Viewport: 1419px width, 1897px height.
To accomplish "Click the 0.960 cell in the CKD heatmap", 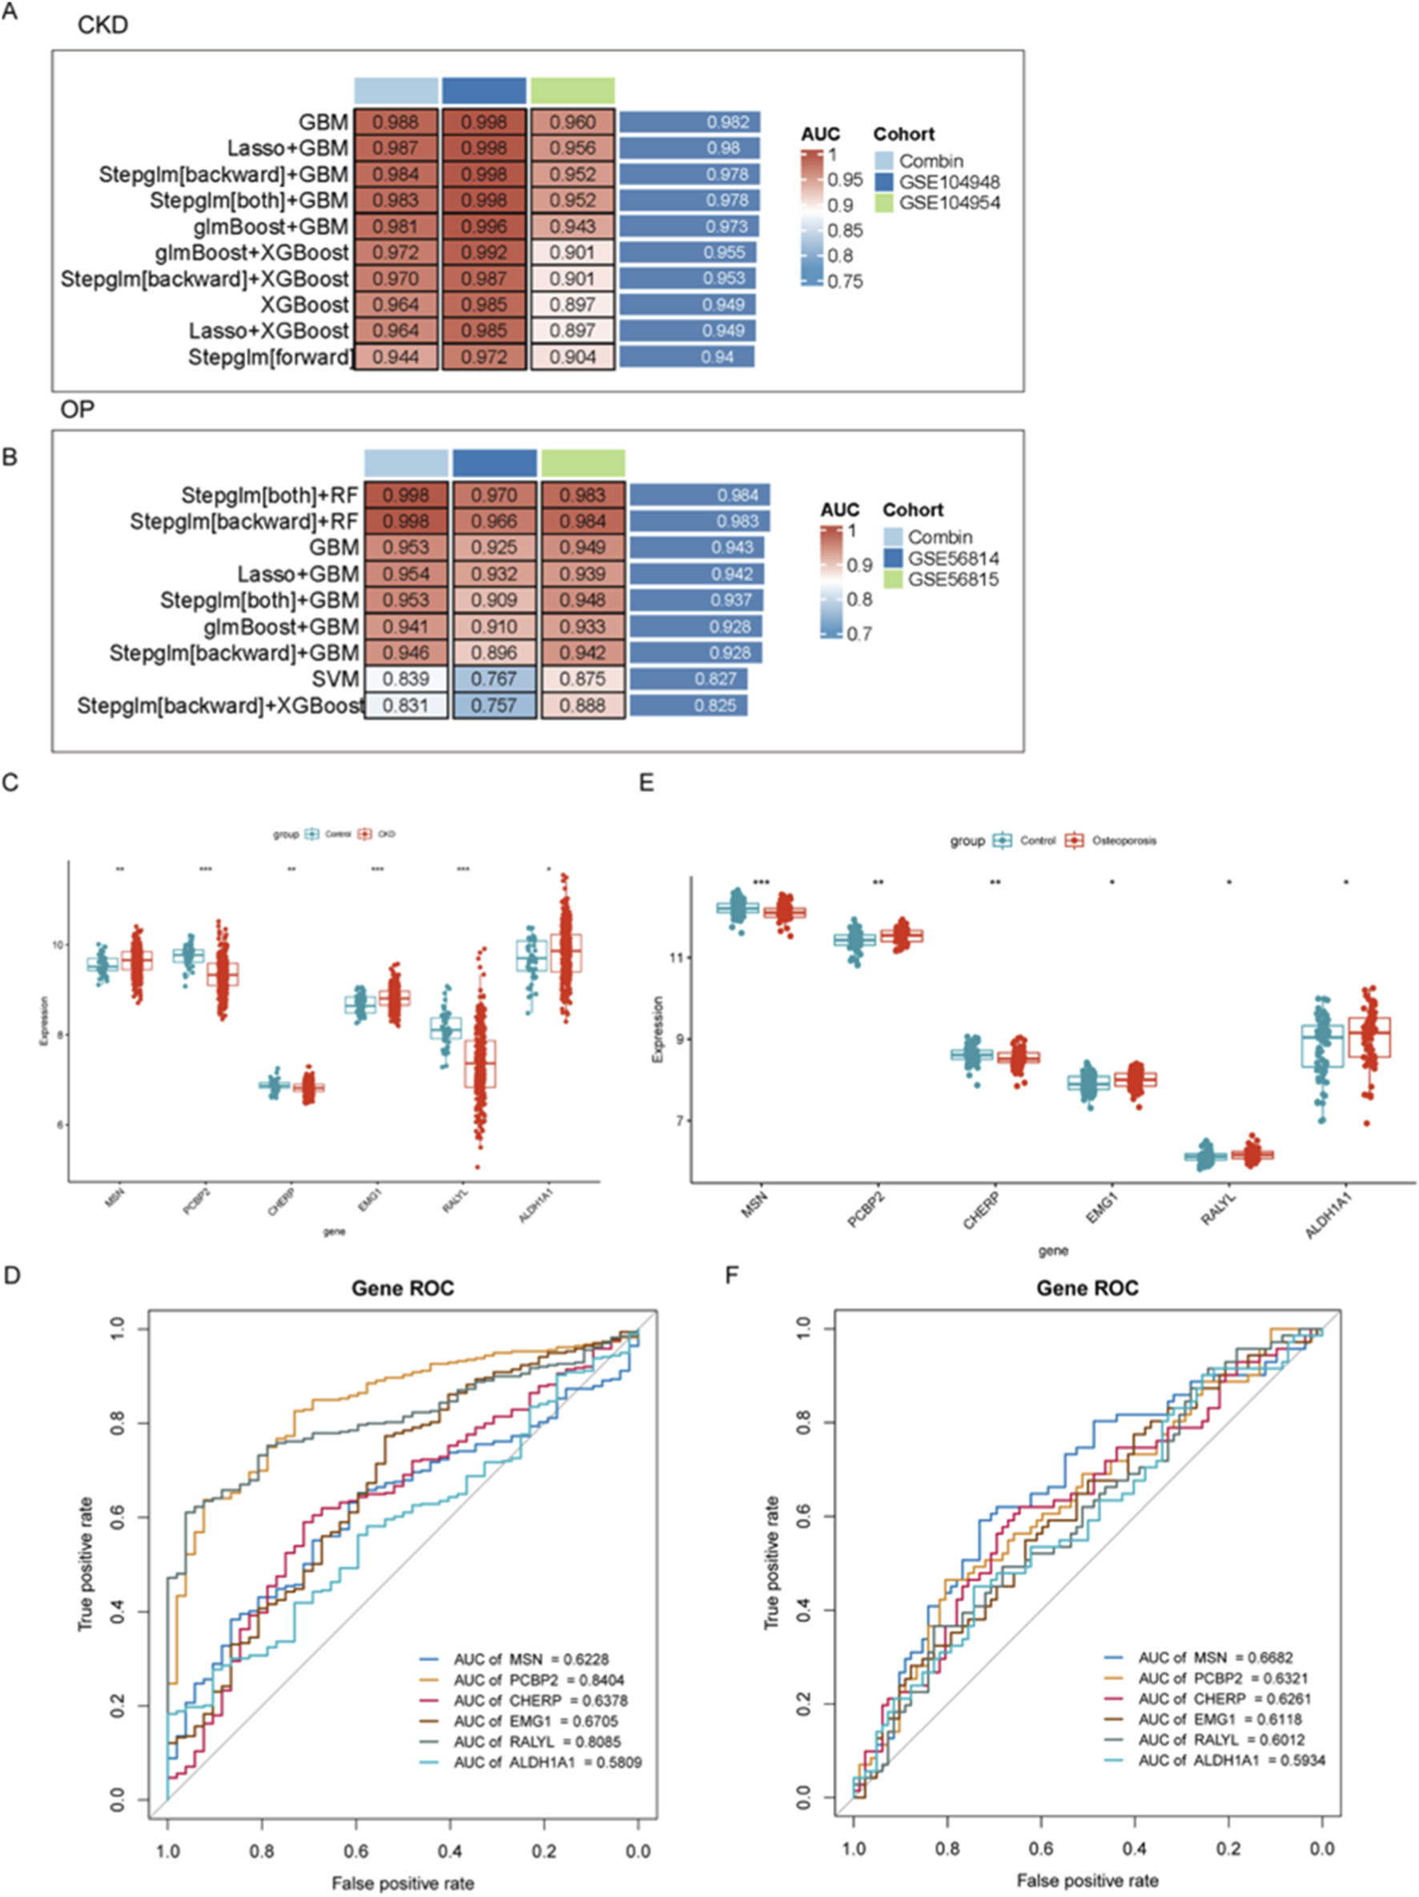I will point(572,123).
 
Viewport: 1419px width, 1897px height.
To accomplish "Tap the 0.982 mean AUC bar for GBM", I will point(690,123).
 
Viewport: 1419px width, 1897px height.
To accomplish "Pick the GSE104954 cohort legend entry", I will point(948,203).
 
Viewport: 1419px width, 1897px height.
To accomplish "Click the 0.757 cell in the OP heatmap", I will point(494,705).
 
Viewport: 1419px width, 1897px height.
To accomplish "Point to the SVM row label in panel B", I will point(336,679).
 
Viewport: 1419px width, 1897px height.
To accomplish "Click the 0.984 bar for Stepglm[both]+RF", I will point(700,495).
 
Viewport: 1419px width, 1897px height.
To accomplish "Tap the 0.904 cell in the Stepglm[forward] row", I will point(572,358).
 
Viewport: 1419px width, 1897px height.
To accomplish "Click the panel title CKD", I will point(102,25).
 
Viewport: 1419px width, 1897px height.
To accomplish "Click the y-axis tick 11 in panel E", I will point(678,957).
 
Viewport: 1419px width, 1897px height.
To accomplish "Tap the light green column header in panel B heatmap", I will point(583,463).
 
